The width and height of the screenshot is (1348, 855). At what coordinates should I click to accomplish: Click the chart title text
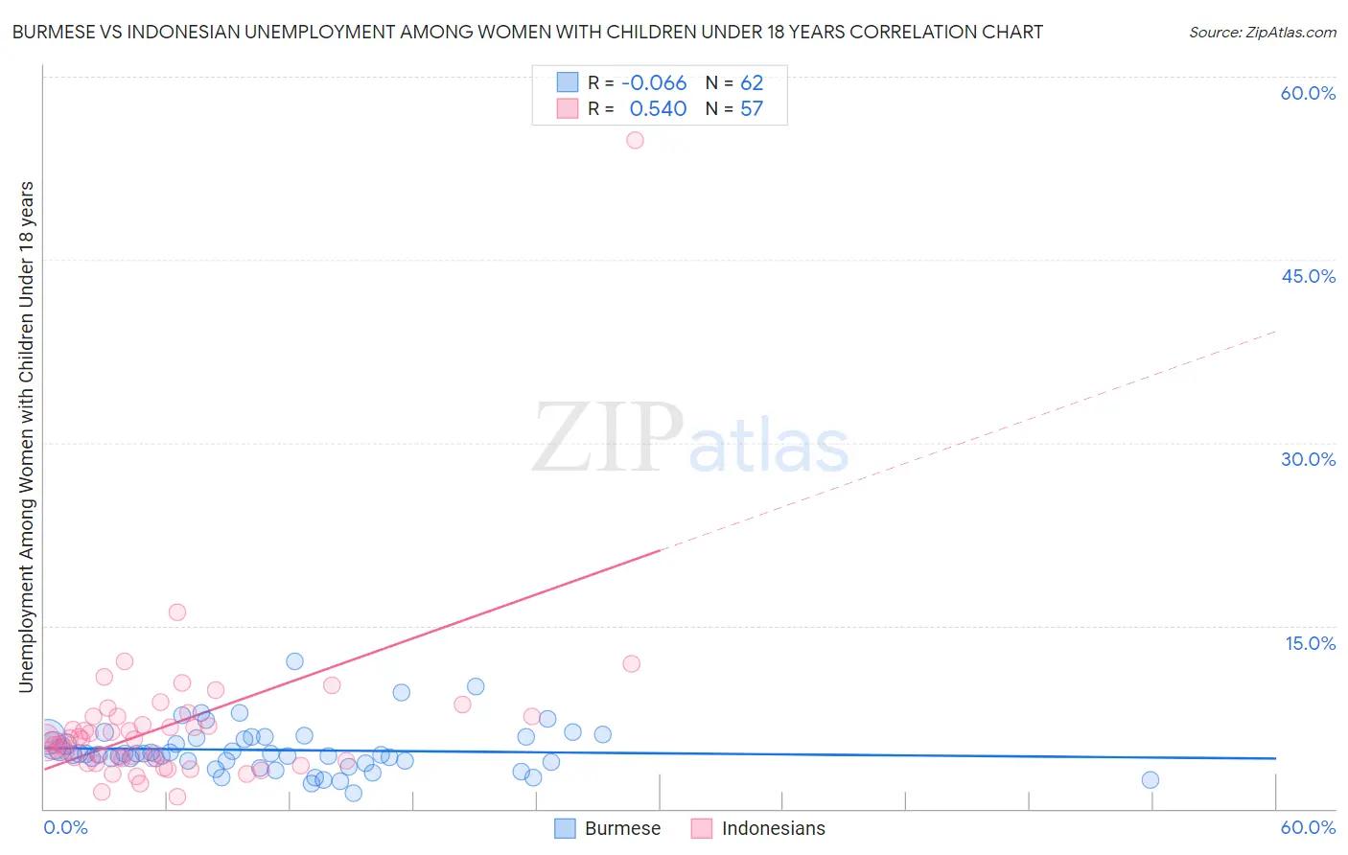pos(527,32)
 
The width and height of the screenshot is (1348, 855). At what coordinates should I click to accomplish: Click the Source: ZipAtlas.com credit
pos(1262,32)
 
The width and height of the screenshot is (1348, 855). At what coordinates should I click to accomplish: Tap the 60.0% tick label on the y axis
pos(1308,93)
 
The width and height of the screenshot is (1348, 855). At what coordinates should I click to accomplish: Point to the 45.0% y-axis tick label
pos(1308,276)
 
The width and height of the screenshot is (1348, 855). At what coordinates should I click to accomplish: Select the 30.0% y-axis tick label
pos(1308,459)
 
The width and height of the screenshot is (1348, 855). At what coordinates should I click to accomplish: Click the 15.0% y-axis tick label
pos(1310,643)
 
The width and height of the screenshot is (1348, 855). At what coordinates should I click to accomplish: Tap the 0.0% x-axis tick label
pos(65,827)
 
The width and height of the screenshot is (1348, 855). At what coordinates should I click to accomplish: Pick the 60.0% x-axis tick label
pos(1308,827)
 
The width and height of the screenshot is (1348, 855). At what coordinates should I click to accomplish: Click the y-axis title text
pos(26,436)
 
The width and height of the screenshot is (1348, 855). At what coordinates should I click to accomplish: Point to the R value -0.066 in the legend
pos(654,83)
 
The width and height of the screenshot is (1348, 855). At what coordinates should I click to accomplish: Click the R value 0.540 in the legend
pos(658,109)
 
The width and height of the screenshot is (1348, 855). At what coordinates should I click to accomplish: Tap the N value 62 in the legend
pos(752,83)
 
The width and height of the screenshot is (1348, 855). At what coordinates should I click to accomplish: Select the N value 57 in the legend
pos(752,109)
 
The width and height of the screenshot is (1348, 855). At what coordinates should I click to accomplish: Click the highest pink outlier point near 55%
pos(635,140)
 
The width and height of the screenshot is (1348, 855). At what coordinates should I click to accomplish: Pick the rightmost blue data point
pos(1150,780)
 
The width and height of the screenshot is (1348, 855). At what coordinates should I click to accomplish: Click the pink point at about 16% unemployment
pos(177,612)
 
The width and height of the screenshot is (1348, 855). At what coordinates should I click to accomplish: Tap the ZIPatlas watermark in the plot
pos(690,438)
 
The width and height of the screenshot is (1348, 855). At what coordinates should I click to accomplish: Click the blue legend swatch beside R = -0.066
pos(568,82)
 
